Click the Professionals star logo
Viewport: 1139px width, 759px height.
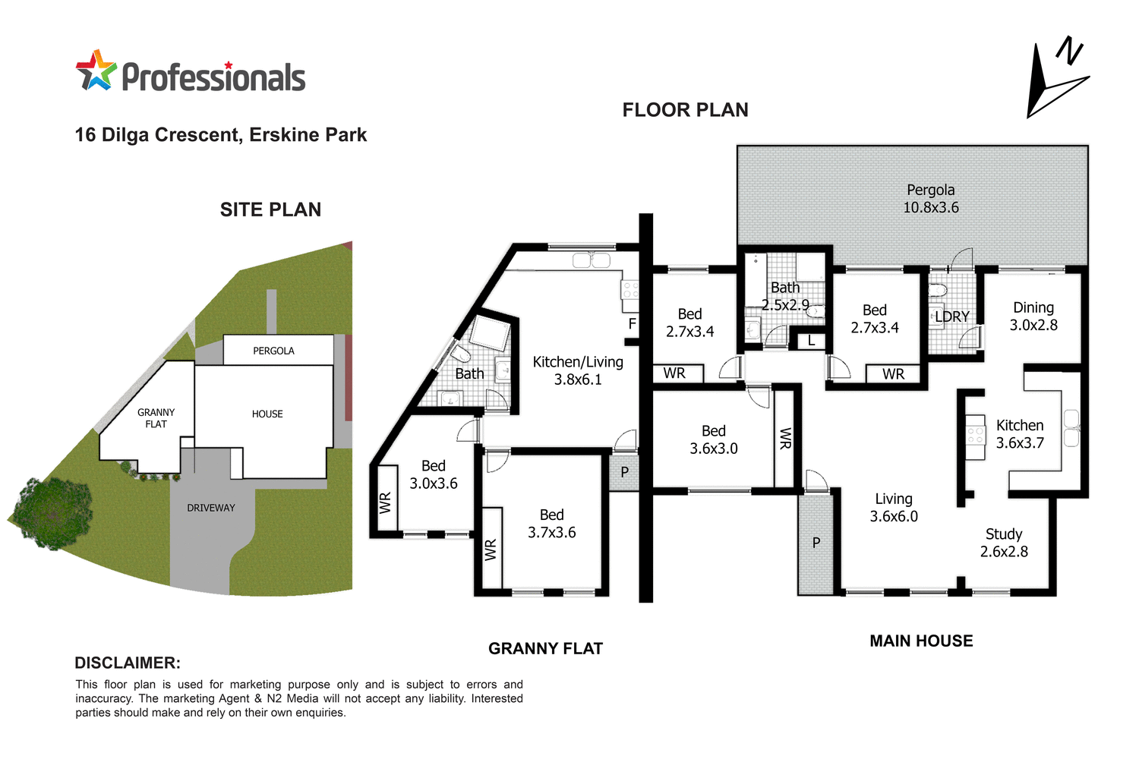tap(96, 71)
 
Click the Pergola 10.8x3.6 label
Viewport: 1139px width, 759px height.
tap(930, 199)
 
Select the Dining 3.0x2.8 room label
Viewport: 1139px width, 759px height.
tap(1033, 317)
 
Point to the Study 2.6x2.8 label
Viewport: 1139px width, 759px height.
tap(1003, 543)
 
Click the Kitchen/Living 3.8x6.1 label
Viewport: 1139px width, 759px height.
tap(577, 371)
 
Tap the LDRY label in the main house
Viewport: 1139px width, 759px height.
tap(951, 317)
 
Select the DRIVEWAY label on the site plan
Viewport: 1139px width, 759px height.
tap(211, 508)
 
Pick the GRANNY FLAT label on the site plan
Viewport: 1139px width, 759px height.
tap(156, 418)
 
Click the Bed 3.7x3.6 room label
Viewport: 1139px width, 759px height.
tap(551, 524)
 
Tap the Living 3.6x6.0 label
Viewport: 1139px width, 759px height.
tap(893, 508)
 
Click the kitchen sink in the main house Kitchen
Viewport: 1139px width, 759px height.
tap(1071, 429)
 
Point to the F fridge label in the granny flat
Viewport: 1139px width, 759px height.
tap(632, 324)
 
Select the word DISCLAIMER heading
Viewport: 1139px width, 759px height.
tap(128, 663)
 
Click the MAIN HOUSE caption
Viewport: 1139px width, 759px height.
tap(920, 641)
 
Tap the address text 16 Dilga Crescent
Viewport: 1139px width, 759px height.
tap(220, 135)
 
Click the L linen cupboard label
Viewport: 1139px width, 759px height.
tap(811, 341)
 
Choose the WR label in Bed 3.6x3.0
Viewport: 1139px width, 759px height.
tap(785, 438)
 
